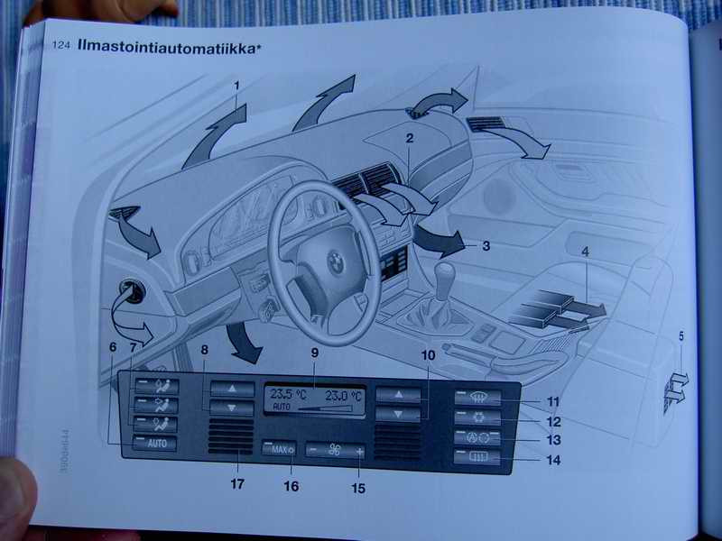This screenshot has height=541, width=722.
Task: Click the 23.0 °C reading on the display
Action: coord(343,394)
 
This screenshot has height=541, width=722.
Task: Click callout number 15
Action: coord(357,489)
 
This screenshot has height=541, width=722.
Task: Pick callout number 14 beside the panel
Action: coord(553,460)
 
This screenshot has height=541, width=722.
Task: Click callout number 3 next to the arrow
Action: coord(486,244)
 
